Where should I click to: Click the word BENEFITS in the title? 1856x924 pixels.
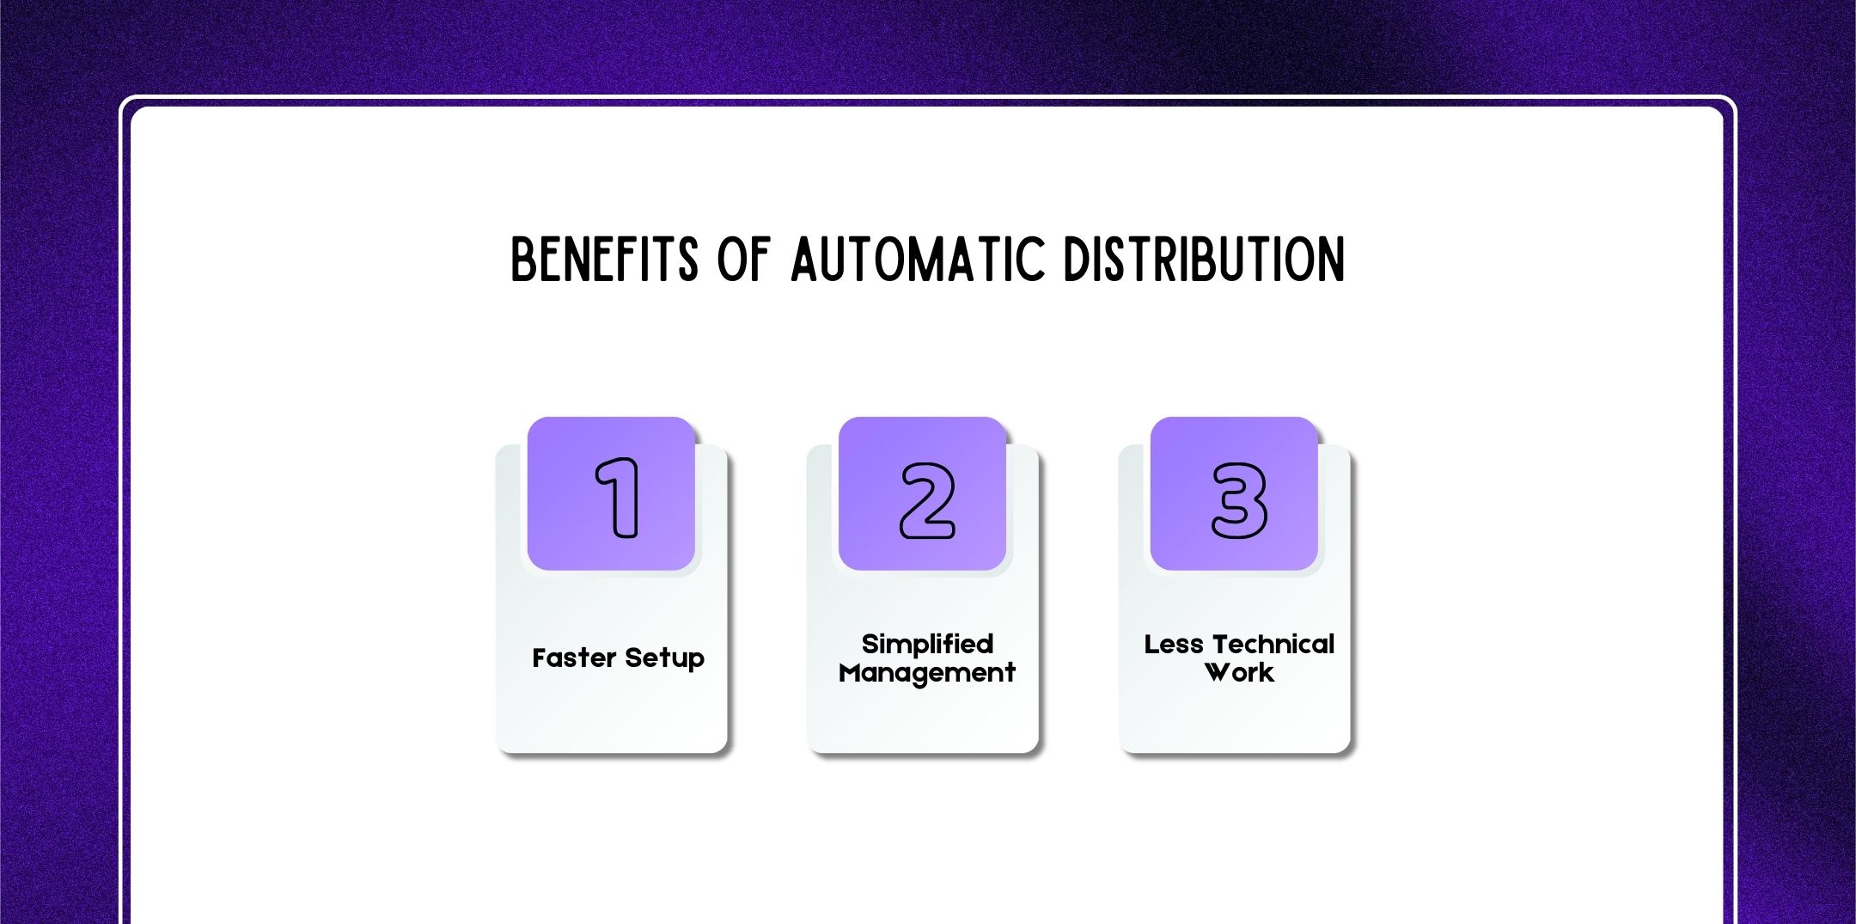click(604, 260)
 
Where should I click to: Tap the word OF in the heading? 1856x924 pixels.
click(744, 260)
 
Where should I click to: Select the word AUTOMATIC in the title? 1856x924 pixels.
click(918, 260)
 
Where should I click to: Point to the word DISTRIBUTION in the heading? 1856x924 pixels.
click(1204, 260)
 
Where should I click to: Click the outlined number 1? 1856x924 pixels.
click(618, 498)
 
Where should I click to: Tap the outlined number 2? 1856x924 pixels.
click(927, 500)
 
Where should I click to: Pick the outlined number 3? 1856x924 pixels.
click(1239, 500)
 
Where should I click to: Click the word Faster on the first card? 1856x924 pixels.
click(574, 658)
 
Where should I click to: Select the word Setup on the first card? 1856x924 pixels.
click(664, 658)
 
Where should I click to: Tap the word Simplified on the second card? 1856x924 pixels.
click(927, 644)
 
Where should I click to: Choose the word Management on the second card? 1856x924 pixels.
click(927, 672)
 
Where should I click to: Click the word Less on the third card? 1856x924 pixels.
click(1173, 644)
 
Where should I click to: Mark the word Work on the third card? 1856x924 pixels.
click(1239, 672)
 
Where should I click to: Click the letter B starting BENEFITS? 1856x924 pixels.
click(523, 260)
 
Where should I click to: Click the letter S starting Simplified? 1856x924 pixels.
click(870, 644)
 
